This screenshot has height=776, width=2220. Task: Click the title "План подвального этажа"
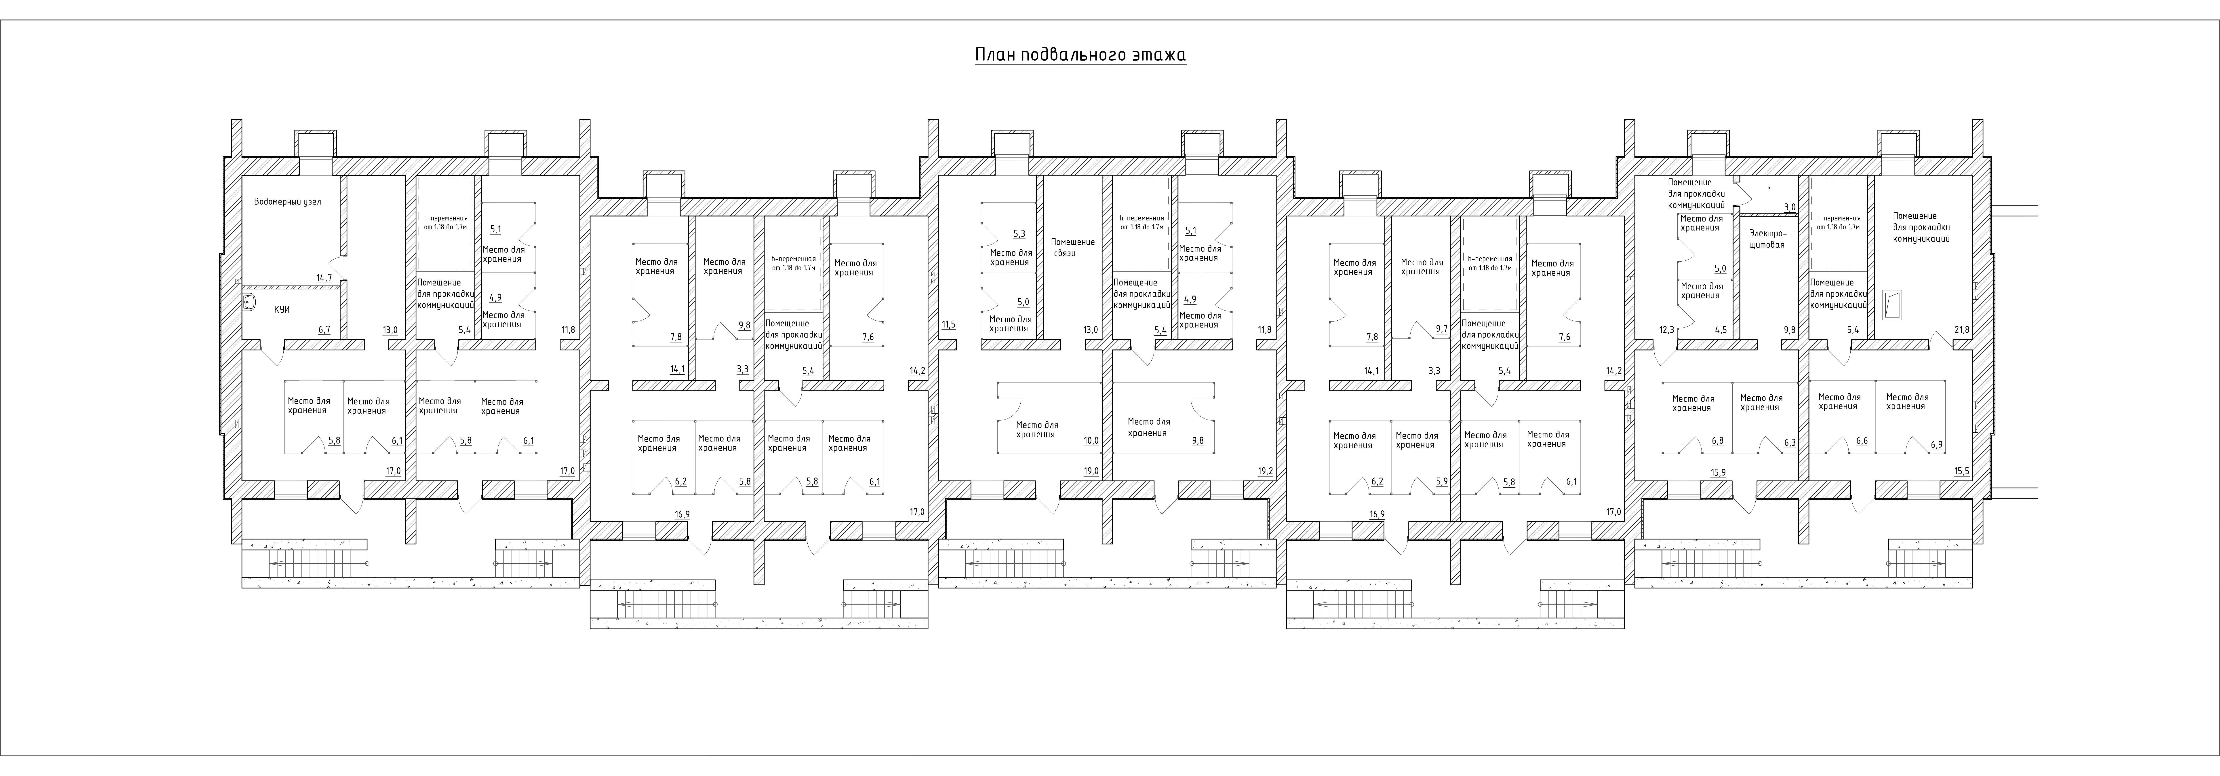1081,55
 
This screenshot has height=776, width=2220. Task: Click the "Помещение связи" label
1073,247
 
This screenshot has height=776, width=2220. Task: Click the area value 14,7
324,278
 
